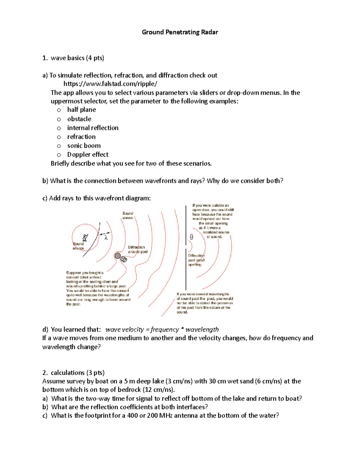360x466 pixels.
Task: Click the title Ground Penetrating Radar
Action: point(180,32)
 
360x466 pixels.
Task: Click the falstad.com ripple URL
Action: point(110,84)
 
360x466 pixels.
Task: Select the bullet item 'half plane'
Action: point(81,110)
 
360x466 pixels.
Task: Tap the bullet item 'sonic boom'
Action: point(84,146)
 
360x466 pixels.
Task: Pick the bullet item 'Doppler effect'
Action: point(88,155)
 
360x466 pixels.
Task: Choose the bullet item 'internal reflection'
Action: point(93,128)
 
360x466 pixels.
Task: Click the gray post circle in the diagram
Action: point(118,256)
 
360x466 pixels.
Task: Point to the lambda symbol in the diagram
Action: point(106,238)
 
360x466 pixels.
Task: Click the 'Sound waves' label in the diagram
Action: point(127,215)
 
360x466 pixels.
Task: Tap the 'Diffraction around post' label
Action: point(137,249)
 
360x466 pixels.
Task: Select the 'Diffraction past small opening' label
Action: point(196,260)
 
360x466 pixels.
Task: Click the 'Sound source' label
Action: point(78,246)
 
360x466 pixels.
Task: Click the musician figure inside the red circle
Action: point(85,238)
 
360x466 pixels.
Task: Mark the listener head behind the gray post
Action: point(124,260)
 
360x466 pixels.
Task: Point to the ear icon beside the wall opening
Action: point(191,237)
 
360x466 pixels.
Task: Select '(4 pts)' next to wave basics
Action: point(95,58)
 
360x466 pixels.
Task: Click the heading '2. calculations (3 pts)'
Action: point(73,373)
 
